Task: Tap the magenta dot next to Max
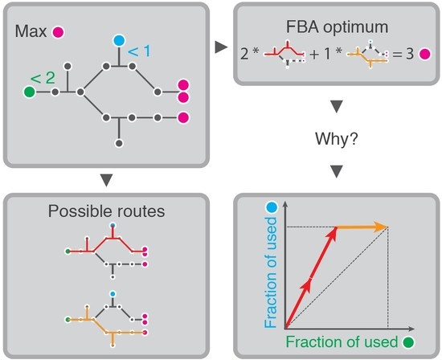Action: pyautogui.click(x=59, y=33)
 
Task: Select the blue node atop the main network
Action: pyautogui.click(x=119, y=40)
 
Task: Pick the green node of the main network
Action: pyautogui.click(x=30, y=92)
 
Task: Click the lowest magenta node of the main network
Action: pyautogui.click(x=183, y=118)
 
